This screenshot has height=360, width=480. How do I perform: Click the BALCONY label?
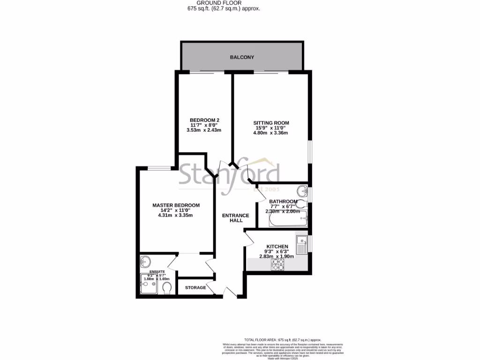(x=242, y=57)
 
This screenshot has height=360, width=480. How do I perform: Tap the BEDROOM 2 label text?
(x=205, y=120)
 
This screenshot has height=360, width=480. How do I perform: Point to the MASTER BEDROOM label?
(x=176, y=205)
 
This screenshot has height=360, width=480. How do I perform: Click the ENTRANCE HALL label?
(x=232, y=218)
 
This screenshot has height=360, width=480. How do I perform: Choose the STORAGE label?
(x=195, y=287)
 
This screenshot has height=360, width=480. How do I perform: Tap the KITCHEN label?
(x=277, y=247)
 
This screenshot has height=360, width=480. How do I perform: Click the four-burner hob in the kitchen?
(x=278, y=265)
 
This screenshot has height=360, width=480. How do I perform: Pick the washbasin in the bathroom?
(x=302, y=191)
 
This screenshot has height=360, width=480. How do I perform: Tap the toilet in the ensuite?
(x=165, y=290)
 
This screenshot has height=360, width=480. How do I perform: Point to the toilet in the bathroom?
(x=301, y=204)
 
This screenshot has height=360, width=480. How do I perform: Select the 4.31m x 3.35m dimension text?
(x=176, y=216)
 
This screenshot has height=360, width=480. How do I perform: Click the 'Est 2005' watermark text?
(x=266, y=189)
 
